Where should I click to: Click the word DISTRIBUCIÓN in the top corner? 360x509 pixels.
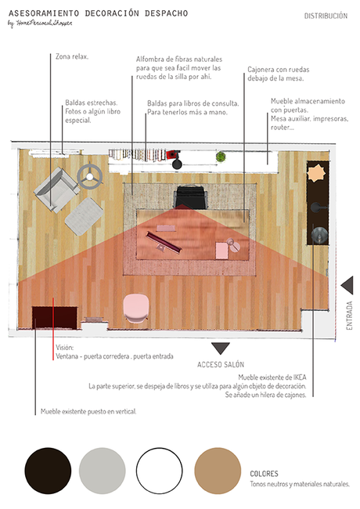point(326,16)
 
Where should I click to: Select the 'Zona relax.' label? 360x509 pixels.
point(72,56)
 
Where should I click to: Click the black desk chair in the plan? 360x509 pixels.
point(190,196)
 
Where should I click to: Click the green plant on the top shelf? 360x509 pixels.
point(221,157)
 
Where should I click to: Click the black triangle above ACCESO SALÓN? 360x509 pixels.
point(221,348)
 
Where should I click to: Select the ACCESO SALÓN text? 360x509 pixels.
point(221,365)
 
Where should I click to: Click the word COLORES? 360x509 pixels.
point(264,474)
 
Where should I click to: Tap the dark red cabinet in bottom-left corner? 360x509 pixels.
point(53,318)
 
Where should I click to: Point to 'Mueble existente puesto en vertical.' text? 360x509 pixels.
point(88,411)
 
